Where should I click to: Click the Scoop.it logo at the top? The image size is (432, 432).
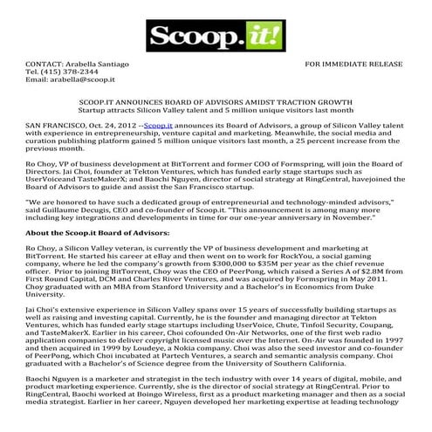216,38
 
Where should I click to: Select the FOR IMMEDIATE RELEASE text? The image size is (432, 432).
353,65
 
